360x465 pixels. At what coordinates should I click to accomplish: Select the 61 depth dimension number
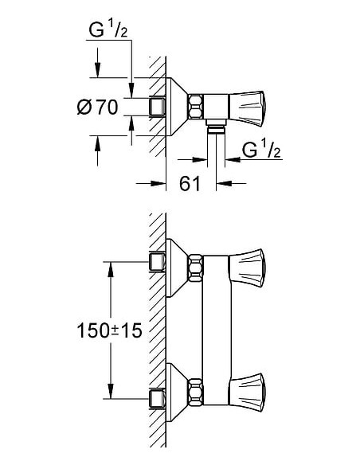click(189, 184)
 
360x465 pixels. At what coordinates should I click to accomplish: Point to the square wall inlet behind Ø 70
click(156, 105)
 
